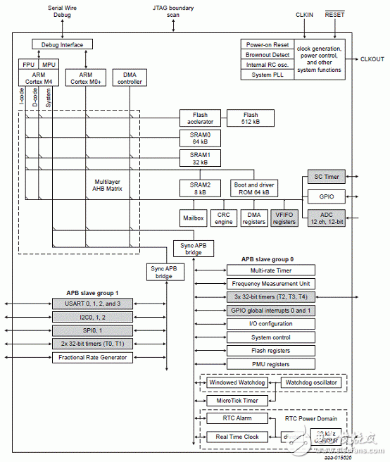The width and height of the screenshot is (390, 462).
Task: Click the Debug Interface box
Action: point(62,45)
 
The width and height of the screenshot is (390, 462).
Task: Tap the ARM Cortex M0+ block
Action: point(85,78)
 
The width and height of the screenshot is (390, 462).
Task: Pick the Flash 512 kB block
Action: point(251,118)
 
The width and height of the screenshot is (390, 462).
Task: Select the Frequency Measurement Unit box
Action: point(270,283)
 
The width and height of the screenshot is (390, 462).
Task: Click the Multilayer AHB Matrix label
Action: point(109,185)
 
